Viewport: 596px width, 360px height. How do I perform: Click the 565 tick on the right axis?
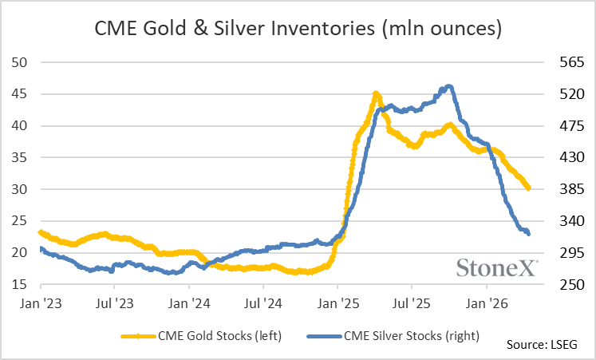(x=557, y=62)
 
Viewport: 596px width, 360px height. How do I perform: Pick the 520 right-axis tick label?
(x=557, y=94)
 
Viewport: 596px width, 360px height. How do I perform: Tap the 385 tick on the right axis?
(x=557, y=190)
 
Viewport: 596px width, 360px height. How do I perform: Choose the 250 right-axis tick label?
(x=557, y=285)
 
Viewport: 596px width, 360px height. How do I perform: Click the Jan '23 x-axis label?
(x=40, y=303)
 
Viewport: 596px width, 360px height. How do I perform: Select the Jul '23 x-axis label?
(x=114, y=303)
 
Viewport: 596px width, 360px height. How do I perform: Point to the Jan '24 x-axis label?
(x=189, y=303)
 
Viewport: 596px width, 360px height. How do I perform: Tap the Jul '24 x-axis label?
(x=263, y=303)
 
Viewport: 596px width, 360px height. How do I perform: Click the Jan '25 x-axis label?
(x=337, y=303)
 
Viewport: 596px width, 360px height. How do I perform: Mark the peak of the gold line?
(x=376, y=94)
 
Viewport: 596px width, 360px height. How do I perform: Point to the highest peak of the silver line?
(x=449, y=86)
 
